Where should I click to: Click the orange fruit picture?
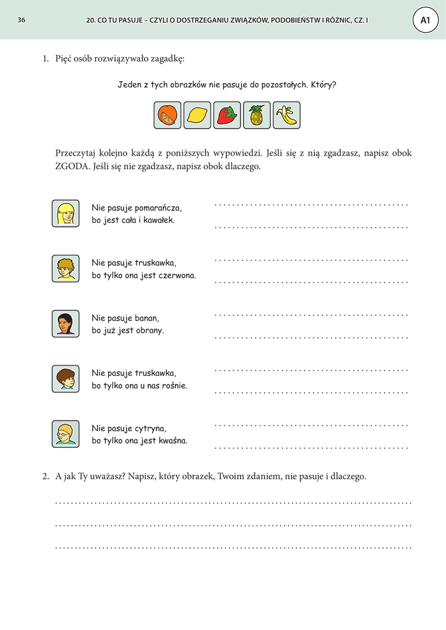tap(167, 115)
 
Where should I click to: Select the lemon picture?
tap(197, 115)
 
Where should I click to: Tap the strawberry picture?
tap(227, 115)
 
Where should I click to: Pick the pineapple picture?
tap(257, 115)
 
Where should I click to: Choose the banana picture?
tap(287, 115)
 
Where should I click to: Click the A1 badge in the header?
tap(425, 20)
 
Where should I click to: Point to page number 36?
tap(22, 20)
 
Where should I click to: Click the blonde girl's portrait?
tap(65, 213)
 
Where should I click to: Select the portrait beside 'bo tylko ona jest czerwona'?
tap(65, 269)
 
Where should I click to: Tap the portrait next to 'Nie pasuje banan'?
tap(65, 324)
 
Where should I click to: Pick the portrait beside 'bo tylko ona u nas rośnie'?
tap(65, 378)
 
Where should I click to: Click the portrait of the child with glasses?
tap(65, 434)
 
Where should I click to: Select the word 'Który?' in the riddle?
tap(324, 85)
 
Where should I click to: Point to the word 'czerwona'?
tap(177, 275)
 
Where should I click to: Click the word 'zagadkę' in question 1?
tap(167, 59)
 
